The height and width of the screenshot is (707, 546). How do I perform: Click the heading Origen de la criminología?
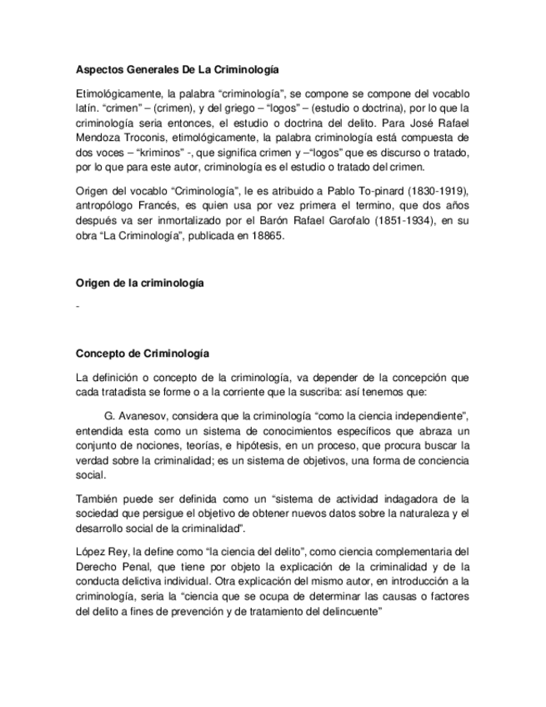click(140, 283)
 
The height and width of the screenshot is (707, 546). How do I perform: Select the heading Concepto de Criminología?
click(143, 353)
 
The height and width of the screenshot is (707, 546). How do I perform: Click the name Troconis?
click(152, 137)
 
